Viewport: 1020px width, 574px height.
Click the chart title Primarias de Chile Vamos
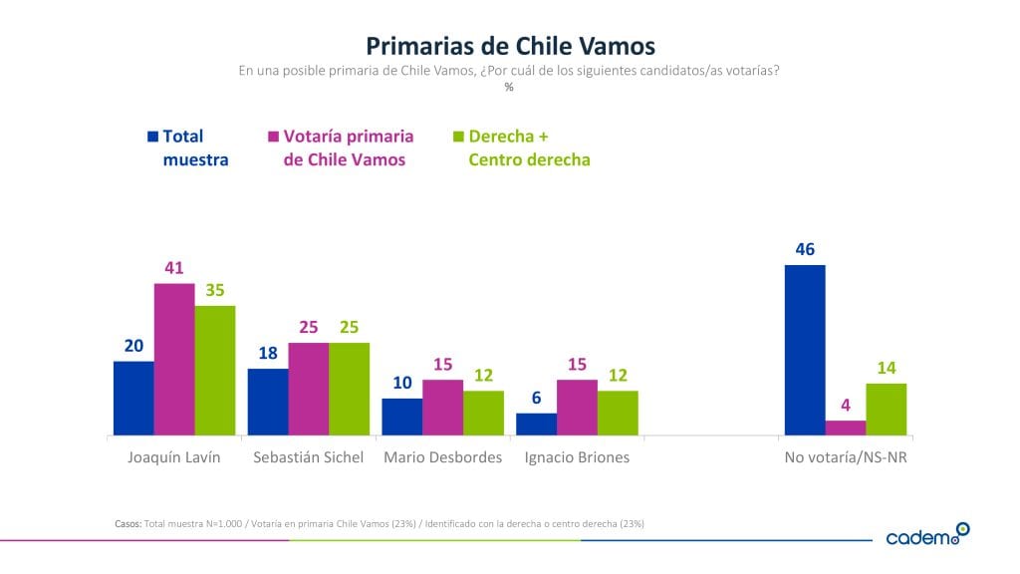[x=510, y=46]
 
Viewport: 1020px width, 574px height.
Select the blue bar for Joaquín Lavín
[x=133, y=399]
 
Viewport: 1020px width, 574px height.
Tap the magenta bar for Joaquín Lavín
[x=174, y=360]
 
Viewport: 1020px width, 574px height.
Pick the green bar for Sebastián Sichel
[x=349, y=390]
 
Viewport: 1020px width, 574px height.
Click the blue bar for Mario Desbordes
[x=402, y=418]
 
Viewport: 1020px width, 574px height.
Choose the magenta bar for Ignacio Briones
[x=577, y=408]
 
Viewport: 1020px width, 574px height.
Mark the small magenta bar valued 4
[x=846, y=429]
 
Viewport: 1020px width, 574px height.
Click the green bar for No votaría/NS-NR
[x=887, y=410]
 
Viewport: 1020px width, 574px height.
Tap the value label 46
[x=805, y=249]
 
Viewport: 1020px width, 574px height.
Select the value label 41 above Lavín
[x=174, y=268]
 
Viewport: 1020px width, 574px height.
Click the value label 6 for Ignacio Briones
[x=536, y=397]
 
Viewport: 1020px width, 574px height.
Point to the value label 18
[x=268, y=353]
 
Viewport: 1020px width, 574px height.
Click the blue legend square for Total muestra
[x=152, y=137]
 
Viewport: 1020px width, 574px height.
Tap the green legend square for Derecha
[x=458, y=137]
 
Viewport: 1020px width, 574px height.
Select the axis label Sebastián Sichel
[x=308, y=457]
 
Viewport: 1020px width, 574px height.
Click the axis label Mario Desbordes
[x=442, y=457]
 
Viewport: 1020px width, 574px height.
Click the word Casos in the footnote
[x=128, y=523]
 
